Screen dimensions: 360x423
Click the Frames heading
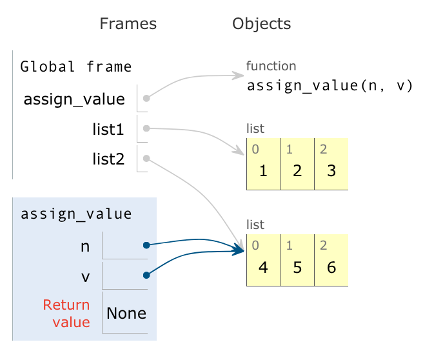click(x=128, y=24)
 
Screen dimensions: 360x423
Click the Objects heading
click(x=261, y=24)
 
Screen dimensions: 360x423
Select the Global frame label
click(x=76, y=66)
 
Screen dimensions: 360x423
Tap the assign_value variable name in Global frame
click(x=74, y=99)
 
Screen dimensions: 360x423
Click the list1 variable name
click(x=108, y=129)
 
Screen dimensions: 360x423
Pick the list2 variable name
click(x=108, y=158)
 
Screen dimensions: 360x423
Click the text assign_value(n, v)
click(x=330, y=86)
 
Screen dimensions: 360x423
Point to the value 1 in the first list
click(x=263, y=171)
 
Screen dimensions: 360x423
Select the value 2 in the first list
click(x=297, y=171)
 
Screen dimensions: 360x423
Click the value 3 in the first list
click(x=331, y=171)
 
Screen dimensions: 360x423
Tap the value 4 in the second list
click(x=263, y=267)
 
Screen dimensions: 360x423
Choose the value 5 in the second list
click(x=297, y=267)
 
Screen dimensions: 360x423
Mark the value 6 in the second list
click(x=331, y=267)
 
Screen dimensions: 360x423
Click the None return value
click(x=126, y=314)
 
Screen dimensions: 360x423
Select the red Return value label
click(x=66, y=313)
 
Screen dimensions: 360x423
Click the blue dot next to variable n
click(x=146, y=245)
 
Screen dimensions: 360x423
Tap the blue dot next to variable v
click(x=146, y=275)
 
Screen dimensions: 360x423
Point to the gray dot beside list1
click(x=146, y=128)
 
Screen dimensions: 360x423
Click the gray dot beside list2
click(x=146, y=158)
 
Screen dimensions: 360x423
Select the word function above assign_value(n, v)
click(x=271, y=66)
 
